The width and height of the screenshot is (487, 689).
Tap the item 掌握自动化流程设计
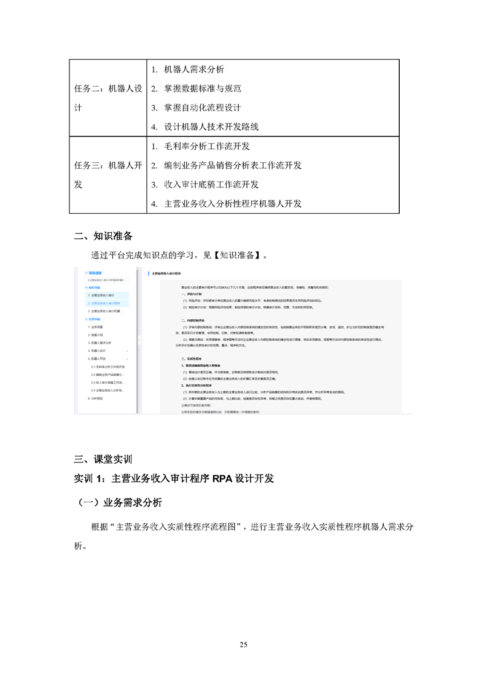[203, 107]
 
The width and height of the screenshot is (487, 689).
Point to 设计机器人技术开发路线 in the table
[211, 127]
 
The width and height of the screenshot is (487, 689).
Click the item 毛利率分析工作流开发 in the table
[207, 146]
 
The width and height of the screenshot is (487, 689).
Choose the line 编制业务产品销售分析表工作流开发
[233, 165]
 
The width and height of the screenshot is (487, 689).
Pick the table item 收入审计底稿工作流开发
[211, 184]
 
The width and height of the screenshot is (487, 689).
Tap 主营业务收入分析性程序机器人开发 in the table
[233, 203]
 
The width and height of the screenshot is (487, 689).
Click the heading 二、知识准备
[103, 236]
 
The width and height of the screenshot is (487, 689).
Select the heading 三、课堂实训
[103, 459]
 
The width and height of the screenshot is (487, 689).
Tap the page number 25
[243, 644]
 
